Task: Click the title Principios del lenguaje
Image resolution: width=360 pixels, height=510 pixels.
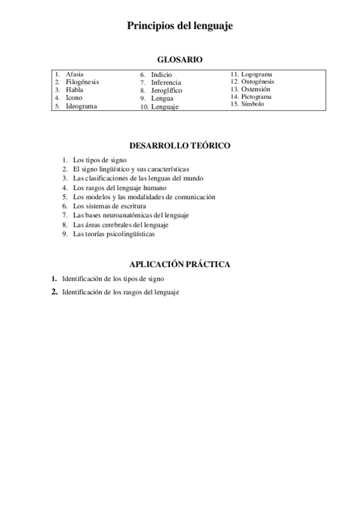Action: [x=180, y=26]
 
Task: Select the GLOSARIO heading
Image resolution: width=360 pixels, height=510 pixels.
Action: [x=180, y=60]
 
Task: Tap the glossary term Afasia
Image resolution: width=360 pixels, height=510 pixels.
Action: [x=75, y=74]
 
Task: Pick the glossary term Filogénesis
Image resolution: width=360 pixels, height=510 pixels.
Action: [x=82, y=82]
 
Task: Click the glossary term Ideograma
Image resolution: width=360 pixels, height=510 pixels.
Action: [x=81, y=106]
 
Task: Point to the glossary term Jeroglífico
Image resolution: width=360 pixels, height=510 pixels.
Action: [x=166, y=90]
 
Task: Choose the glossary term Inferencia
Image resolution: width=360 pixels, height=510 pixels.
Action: [x=166, y=82]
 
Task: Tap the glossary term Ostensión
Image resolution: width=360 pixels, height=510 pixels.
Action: [x=256, y=89]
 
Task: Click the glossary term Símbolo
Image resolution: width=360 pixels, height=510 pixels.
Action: [x=253, y=103]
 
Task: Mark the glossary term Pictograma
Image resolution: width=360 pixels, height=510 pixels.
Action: [x=257, y=96]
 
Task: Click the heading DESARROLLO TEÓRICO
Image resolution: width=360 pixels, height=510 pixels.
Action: [x=180, y=146]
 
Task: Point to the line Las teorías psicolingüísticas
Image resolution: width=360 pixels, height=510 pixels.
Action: [x=114, y=235]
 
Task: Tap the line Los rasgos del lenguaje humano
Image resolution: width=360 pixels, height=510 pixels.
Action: [x=115, y=188]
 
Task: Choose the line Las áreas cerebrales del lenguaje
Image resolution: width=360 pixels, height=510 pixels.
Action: [x=120, y=225]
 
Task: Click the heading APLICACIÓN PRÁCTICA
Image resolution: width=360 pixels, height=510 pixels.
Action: [x=180, y=264]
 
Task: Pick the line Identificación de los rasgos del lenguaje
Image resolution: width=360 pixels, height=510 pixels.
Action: [x=120, y=292]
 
